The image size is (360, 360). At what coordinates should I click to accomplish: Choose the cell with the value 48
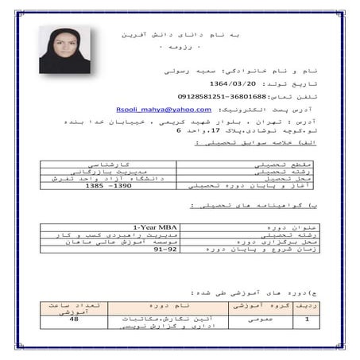tap(73, 319)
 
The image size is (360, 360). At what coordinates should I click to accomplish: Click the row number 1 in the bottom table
tap(308, 319)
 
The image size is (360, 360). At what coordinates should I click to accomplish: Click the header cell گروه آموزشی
tap(250, 304)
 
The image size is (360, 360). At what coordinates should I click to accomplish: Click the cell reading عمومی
tap(250, 319)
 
